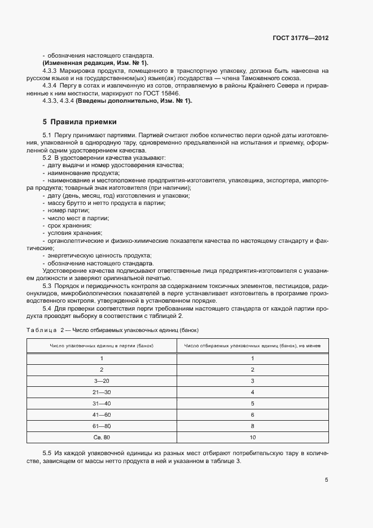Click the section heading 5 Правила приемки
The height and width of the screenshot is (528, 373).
pyautogui.click(x=80, y=121)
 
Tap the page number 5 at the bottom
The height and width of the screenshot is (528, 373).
pyautogui.click(x=327, y=480)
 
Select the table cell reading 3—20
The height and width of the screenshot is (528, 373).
pyautogui.click(x=102, y=381)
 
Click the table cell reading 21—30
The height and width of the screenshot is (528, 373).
pyautogui.click(x=102, y=392)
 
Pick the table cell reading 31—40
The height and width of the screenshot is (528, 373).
pyautogui.click(x=102, y=404)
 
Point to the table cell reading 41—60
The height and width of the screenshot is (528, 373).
pyautogui.click(x=102, y=415)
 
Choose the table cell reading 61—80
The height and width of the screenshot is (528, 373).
pyautogui.click(x=102, y=426)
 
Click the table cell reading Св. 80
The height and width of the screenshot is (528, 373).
pyautogui.click(x=102, y=438)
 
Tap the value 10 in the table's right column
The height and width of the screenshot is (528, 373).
pyautogui.click(x=252, y=438)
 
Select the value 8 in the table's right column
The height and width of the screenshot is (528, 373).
pyautogui.click(x=252, y=426)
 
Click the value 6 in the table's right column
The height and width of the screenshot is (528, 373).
pyautogui.click(x=252, y=415)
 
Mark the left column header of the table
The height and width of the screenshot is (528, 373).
pyautogui.click(x=102, y=345)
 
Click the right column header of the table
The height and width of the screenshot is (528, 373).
pyautogui.click(x=252, y=345)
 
